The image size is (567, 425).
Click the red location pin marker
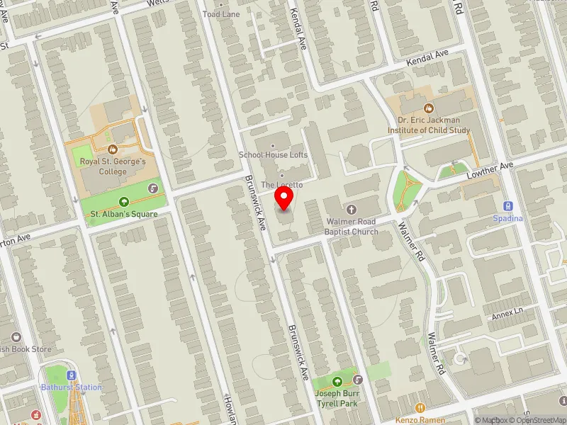284,198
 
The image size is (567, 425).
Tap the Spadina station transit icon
507,206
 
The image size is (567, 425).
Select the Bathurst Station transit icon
71,375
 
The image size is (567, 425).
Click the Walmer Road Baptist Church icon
352,209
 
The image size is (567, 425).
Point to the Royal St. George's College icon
113,149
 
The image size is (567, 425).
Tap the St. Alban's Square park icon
125,201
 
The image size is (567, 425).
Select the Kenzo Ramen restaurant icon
420,408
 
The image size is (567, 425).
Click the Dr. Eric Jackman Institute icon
429,108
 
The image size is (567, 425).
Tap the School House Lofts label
273,154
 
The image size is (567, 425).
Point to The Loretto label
281,184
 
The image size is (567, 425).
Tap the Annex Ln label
507,311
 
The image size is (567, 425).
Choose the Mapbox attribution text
490,420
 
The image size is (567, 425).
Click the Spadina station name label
507,219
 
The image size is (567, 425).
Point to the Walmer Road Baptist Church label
352,227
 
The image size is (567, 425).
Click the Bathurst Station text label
71,387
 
